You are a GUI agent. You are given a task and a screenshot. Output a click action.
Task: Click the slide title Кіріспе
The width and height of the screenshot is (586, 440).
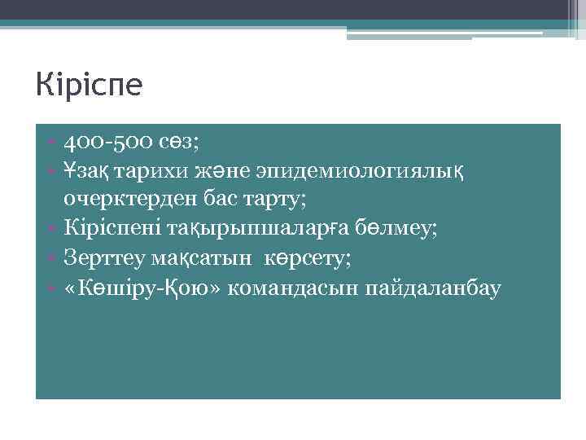pyautogui.click(x=89, y=85)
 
